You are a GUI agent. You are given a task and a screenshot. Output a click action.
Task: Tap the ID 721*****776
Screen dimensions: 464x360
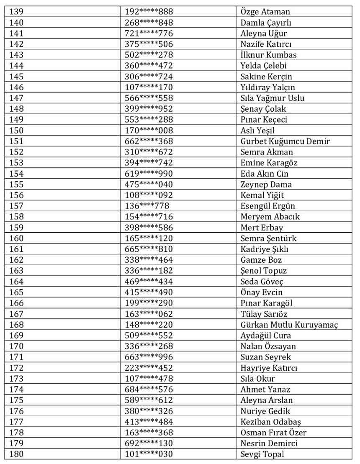click(149, 33)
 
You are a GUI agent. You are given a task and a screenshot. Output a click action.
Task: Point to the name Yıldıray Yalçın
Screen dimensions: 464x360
click(267, 87)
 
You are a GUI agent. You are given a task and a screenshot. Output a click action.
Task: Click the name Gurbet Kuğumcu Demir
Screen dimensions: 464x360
click(285, 141)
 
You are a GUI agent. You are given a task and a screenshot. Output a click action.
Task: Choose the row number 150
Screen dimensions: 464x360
click(17, 131)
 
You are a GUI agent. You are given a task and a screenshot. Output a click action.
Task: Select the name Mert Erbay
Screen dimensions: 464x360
click(262, 228)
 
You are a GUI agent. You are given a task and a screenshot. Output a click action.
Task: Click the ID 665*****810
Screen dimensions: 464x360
click(149, 249)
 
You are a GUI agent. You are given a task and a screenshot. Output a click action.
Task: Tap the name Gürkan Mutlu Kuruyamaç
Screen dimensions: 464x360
click(289, 325)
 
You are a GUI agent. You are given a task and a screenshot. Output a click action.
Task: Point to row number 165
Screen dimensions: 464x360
click(17, 292)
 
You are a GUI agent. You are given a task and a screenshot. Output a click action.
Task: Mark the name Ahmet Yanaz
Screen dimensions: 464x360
click(265, 390)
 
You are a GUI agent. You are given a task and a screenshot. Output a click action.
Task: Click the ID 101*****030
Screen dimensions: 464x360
click(149, 454)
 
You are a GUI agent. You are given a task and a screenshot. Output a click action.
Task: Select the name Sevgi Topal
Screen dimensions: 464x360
click(262, 454)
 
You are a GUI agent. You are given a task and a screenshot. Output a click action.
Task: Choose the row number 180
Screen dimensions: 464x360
click(17, 454)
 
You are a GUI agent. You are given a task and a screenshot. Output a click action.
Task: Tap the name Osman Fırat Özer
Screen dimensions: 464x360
click(273, 433)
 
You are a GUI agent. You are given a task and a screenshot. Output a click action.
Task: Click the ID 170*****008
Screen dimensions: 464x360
click(149, 131)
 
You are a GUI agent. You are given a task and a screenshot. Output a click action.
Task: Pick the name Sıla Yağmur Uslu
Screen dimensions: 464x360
click(273, 98)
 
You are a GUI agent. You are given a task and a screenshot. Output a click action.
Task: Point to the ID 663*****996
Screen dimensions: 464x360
click(149, 357)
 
